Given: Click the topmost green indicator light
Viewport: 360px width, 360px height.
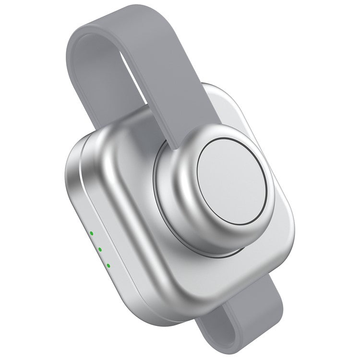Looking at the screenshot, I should click(91, 234).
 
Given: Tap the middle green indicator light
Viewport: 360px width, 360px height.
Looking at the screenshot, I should click(99, 249).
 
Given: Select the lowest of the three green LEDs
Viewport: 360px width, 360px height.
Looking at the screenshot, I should click(108, 265).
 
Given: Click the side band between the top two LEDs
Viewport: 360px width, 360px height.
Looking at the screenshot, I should click(95, 241).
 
